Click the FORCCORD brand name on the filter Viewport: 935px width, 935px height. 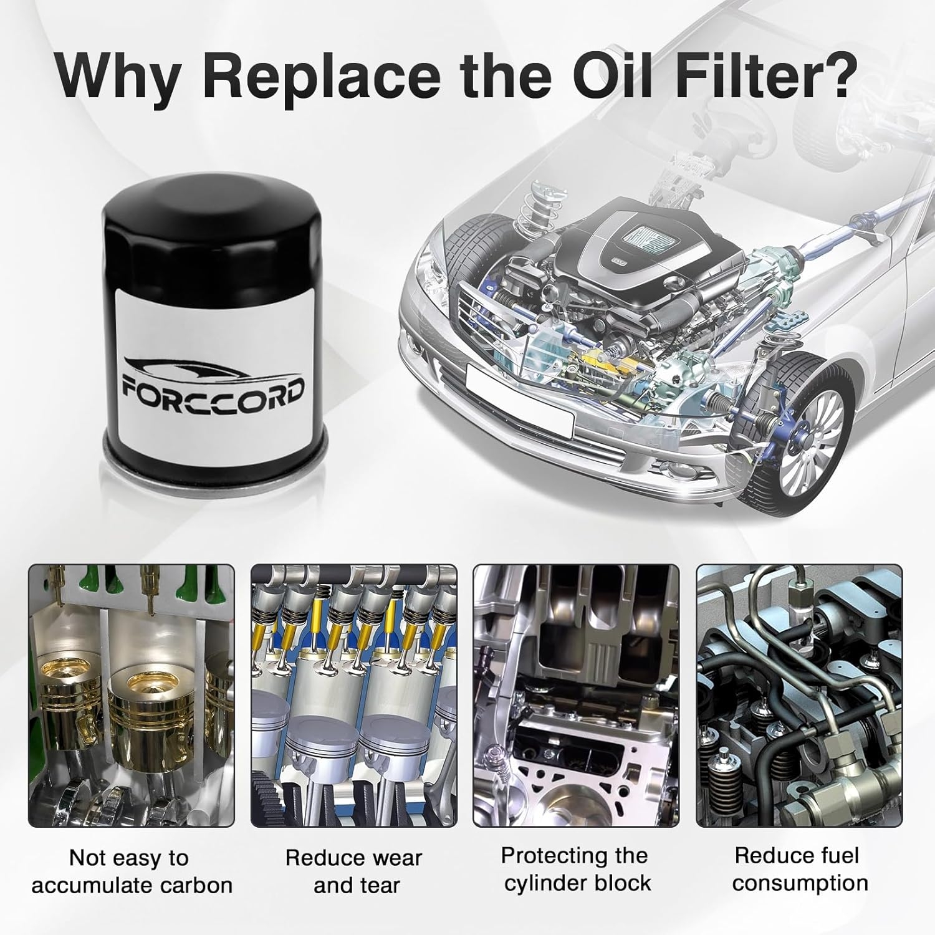point(213,390)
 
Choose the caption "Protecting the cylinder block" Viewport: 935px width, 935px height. point(576,870)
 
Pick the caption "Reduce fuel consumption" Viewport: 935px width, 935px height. point(800,870)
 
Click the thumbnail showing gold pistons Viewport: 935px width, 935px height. point(132,696)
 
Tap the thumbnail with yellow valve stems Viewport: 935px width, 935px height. point(354,696)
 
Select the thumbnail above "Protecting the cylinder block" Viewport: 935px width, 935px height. point(577,696)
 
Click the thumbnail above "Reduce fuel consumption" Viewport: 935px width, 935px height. point(799,696)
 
